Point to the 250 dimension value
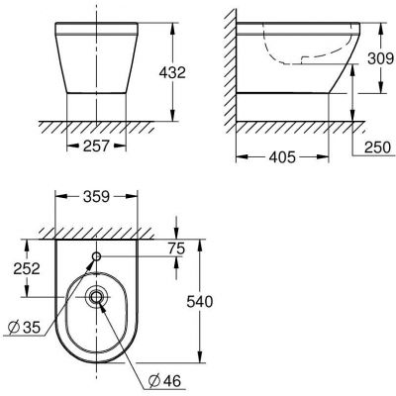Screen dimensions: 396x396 [x=372, y=147]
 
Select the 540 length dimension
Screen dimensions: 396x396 [x=222, y=300]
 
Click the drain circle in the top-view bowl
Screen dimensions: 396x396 [x=97, y=296]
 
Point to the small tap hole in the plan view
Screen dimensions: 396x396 [x=97, y=257]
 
